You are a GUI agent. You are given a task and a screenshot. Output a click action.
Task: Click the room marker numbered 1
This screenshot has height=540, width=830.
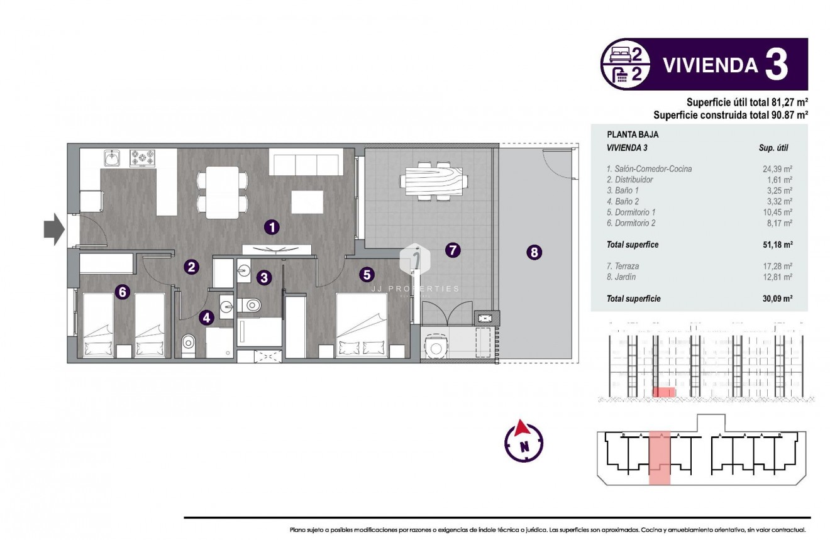pos(271,227)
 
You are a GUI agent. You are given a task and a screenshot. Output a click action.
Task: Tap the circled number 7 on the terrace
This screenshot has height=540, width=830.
pos(452,250)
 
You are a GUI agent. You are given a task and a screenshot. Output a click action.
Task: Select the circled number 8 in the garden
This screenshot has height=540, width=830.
pos(534,253)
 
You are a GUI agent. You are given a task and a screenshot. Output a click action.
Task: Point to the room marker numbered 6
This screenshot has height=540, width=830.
pos(123,291)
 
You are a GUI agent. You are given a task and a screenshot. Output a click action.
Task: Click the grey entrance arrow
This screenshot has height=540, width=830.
pos(54,229)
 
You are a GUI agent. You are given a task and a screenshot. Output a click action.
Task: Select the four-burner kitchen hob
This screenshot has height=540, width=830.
pos(143,158)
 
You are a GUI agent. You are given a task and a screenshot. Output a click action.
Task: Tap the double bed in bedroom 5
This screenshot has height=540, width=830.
pos(362,326)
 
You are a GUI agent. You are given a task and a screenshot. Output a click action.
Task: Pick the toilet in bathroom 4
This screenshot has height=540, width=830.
pos(189,344)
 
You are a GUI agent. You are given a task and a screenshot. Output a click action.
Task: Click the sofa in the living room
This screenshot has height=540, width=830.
pos(306,162)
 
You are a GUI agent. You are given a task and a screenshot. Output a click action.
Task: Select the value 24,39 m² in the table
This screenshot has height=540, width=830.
pos(777,169)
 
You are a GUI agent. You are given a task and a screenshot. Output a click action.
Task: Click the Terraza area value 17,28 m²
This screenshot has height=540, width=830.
pos(777,267)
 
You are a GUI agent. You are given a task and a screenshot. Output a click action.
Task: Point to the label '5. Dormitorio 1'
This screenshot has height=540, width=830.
pos(631,212)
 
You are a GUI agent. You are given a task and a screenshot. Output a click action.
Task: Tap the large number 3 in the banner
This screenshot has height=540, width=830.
pos(777,65)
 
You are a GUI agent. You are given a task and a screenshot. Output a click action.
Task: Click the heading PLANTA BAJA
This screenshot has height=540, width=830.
pos(624,135)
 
